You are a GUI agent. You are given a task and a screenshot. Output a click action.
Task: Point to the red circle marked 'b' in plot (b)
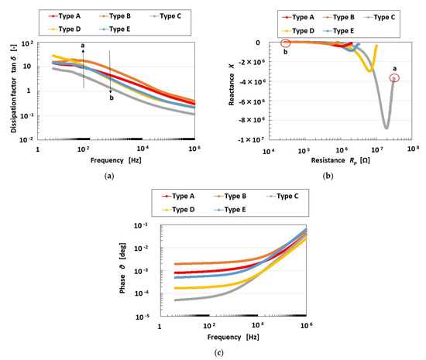(x=285, y=43)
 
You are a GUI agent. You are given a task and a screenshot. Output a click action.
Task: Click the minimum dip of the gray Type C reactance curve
(x=386, y=127)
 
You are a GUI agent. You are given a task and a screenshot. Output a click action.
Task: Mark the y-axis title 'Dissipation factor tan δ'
(x=15, y=89)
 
